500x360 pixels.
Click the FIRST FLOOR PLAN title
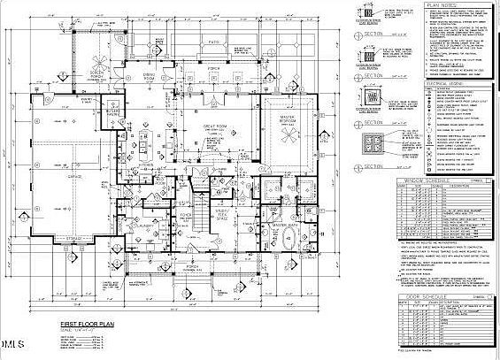coord(87,325)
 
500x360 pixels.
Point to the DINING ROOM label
coord(150,78)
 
